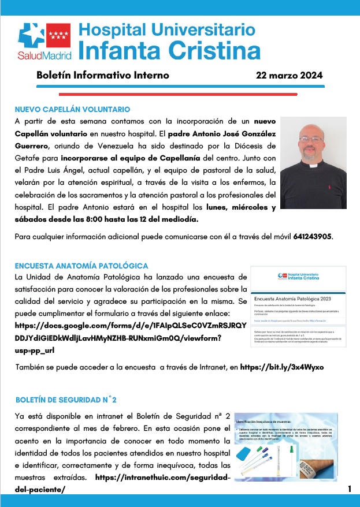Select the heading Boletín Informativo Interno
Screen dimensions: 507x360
(102, 75)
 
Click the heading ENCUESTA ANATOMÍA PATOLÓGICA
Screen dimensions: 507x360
(81, 266)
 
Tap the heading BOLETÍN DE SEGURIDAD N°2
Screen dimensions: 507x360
(66, 399)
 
